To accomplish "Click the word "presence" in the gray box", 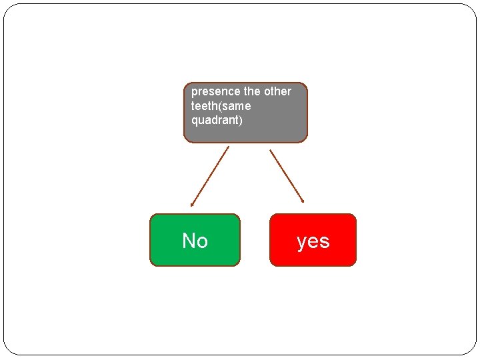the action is point(215,91).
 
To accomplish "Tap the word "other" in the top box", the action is point(277,91).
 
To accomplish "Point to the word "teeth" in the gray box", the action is point(204,106).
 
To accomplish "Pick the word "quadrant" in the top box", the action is point(214,121).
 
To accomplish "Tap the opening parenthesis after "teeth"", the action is point(220,106).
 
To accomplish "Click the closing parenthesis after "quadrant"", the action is point(241,121).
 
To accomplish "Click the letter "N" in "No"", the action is point(189,241).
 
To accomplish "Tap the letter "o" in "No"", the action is point(202,242).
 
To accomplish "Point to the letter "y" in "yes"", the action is point(301,243).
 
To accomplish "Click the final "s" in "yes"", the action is point(325,241).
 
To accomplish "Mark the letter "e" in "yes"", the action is point(313,241).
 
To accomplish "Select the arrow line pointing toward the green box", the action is point(210,175).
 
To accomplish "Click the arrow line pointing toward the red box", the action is point(287,175).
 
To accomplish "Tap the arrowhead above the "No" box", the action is point(192,205).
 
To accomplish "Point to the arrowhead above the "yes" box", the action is point(303,200).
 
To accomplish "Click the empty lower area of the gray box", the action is point(245,133).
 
